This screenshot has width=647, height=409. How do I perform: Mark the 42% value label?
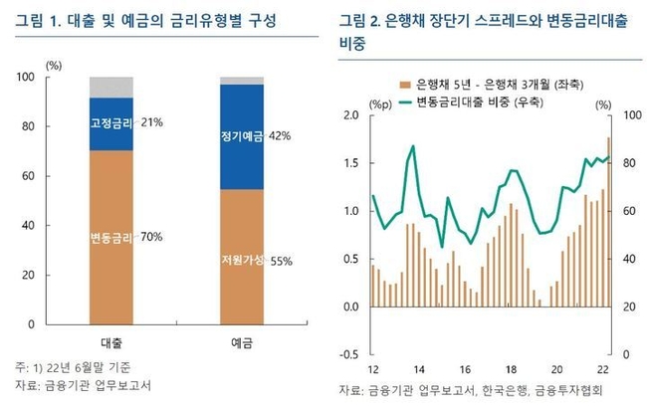[279, 136]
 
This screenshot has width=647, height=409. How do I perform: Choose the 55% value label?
[280, 261]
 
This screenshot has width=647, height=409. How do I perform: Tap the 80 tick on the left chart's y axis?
[55, 126]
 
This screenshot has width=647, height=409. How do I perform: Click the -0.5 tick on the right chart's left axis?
[348, 354]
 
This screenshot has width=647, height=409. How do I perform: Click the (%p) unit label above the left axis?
[380, 103]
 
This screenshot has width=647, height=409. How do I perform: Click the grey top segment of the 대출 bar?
[111, 87]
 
